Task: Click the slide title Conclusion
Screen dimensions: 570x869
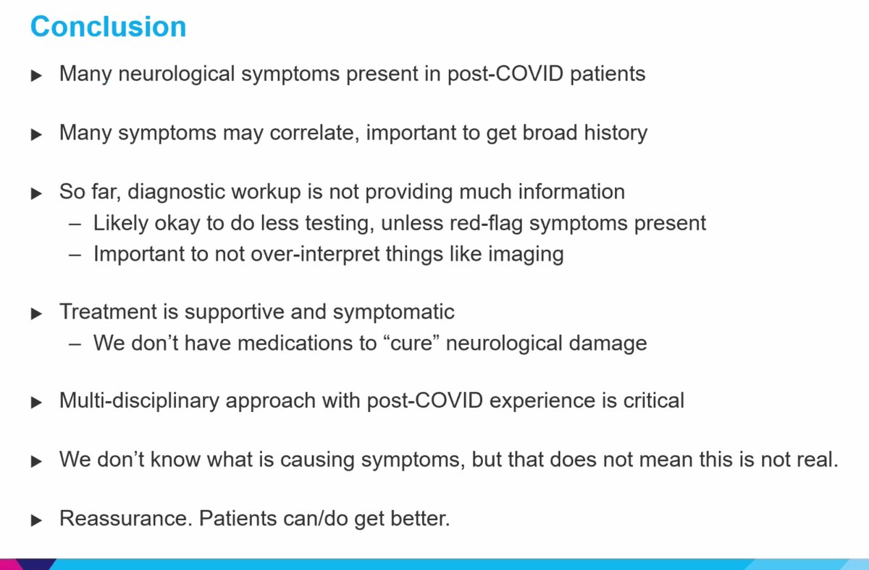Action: click(x=108, y=27)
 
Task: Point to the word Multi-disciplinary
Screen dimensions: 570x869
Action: click(x=139, y=401)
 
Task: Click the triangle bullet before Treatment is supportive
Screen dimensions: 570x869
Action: click(x=37, y=314)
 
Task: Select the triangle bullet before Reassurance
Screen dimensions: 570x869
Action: click(x=37, y=521)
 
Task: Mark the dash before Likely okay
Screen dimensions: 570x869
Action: click(x=75, y=223)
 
